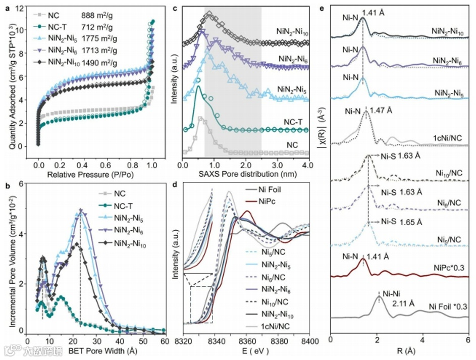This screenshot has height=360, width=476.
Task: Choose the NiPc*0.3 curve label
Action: [x=448, y=264]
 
